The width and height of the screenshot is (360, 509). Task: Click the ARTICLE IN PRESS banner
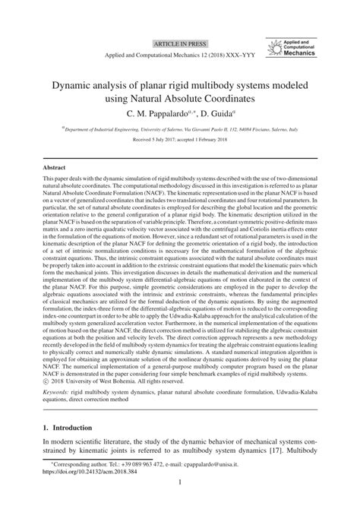pyautogui.click(x=179, y=44)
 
